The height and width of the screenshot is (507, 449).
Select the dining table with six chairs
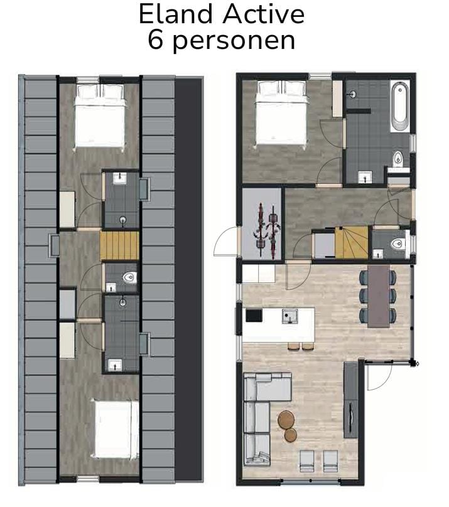pos(379,296)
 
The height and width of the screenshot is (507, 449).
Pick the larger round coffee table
pos(286,419)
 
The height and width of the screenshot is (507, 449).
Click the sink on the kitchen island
pos(289,315)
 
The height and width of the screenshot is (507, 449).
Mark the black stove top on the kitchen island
pos(254,315)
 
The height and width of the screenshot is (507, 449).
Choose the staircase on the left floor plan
pos(119,245)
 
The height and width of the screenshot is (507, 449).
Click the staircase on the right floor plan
pos(351,243)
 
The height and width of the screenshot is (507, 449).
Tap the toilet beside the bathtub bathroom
pos(398,162)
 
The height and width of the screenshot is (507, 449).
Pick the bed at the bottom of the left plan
pos(116,430)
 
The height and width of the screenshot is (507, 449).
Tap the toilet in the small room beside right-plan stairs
pos(397,243)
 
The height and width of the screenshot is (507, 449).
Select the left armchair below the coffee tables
pos(306,461)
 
